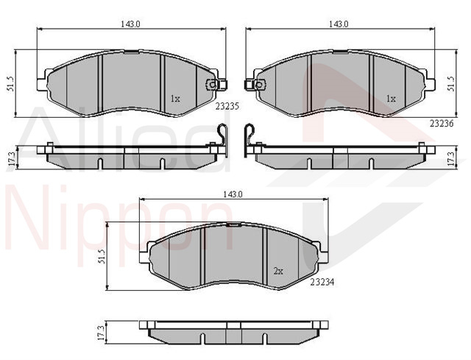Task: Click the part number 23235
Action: (x=227, y=106)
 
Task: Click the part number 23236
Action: (x=442, y=123)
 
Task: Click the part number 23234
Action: (x=322, y=282)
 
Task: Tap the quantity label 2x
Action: (x=278, y=272)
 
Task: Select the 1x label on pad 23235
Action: (x=175, y=98)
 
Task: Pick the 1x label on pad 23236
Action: (x=391, y=98)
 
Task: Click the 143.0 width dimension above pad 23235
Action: (x=131, y=24)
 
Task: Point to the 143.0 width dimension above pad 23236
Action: (x=339, y=24)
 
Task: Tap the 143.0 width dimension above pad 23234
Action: (x=233, y=194)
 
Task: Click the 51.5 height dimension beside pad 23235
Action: (x=10, y=83)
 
